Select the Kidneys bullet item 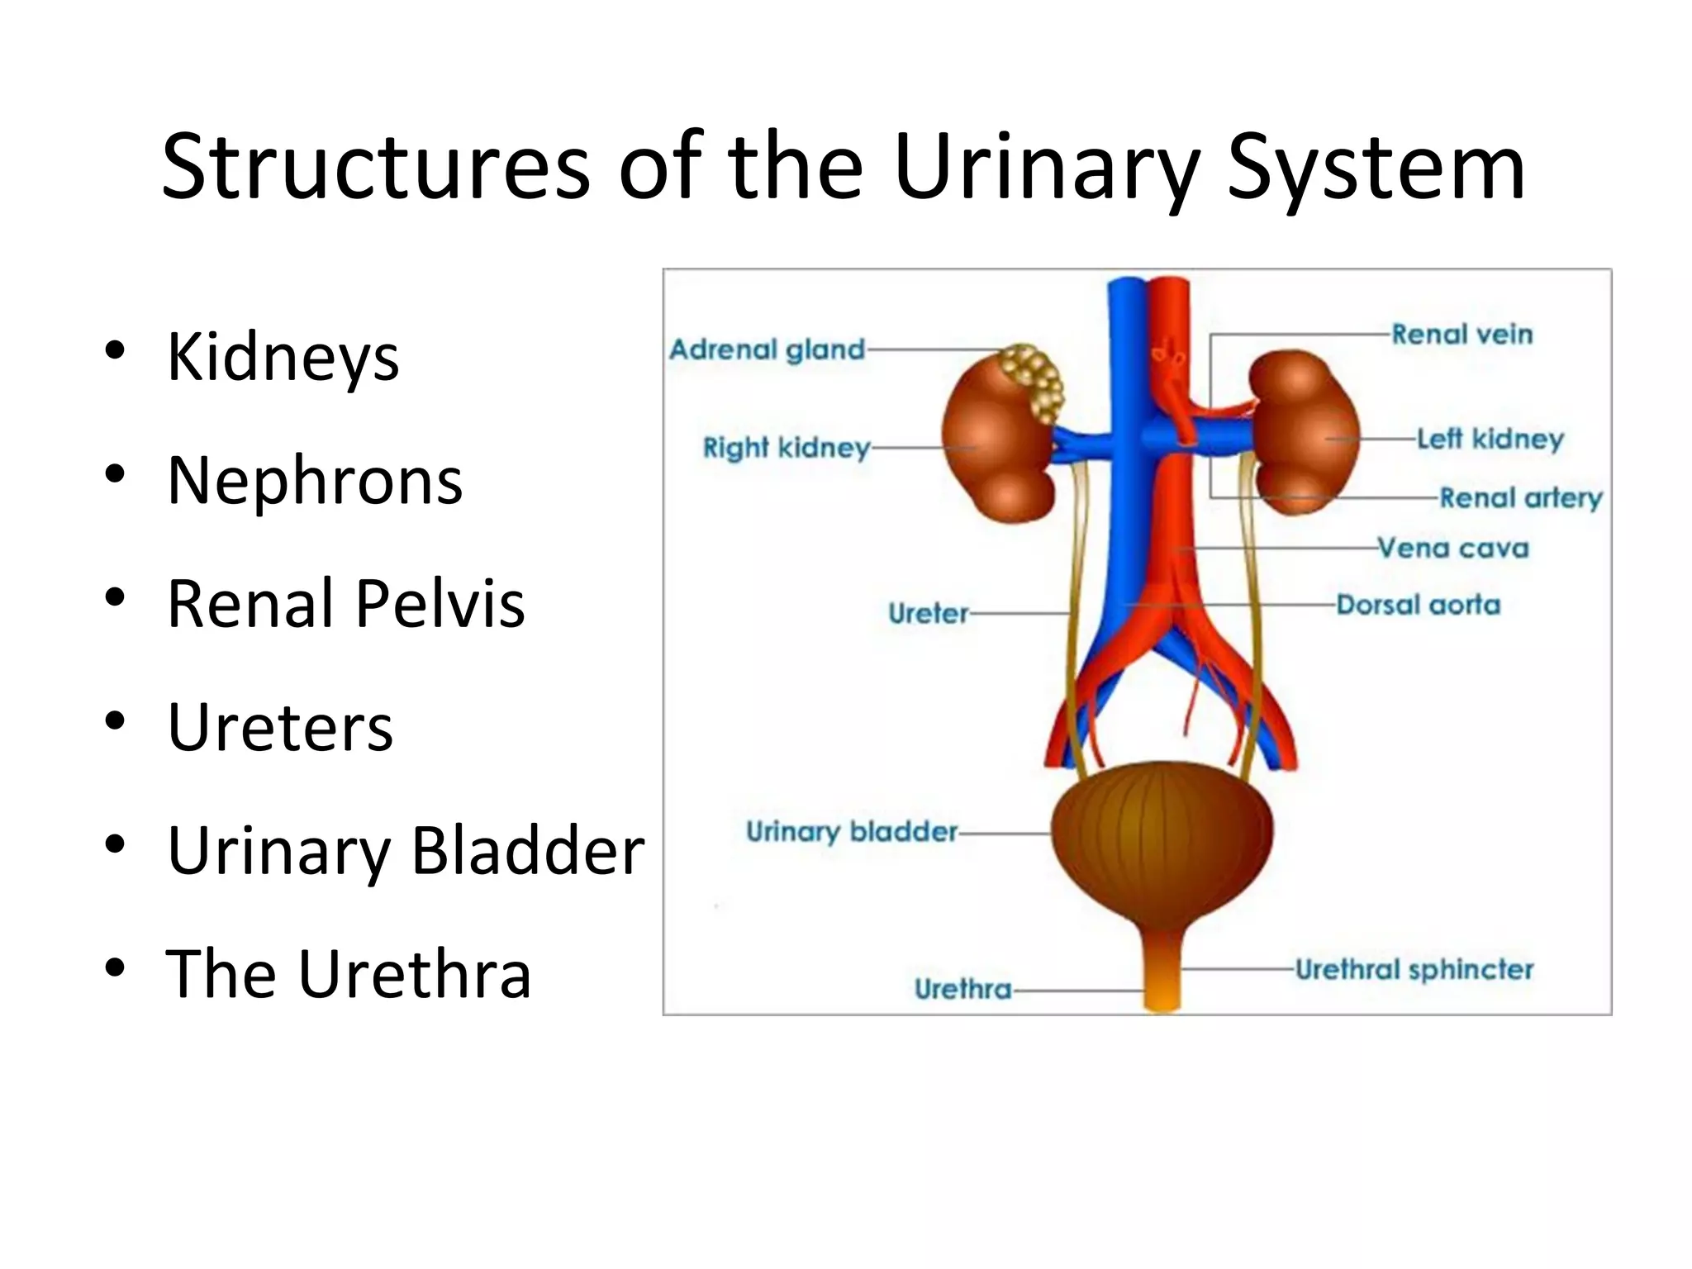coord(283,357)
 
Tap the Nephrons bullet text coord(315,481)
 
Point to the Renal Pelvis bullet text coord(345,604)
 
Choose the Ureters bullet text coord(280,728)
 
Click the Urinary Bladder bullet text coord(406,851)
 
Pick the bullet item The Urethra coord(348,975)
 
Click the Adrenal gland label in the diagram coord(767,350)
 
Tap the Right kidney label coord(786,448)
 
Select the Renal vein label coord(1461,335)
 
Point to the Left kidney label coord(1490,439)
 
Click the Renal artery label coord(1520,498)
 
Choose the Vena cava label coord(1453,549)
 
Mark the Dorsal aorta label coord(1418,606)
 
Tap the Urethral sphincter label coord(1414,970)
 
